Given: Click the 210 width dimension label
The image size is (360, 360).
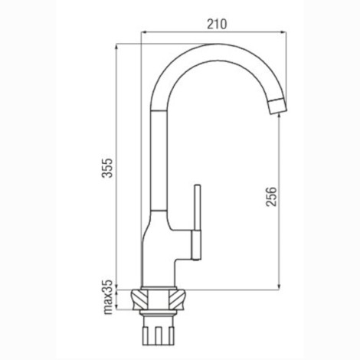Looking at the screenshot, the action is coord(217,25).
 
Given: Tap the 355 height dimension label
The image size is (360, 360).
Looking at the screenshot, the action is coord(107,168).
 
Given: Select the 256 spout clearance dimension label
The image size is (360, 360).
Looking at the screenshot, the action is coord(271,197).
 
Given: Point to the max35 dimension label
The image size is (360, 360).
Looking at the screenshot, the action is coord(108,297).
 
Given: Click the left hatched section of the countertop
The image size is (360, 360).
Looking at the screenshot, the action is coord(139,299).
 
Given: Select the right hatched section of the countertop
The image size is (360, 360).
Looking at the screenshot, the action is coord(177,299).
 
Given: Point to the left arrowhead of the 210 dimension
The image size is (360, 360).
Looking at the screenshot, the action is coord(143,32).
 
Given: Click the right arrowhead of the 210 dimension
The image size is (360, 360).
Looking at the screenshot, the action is coord(283,32).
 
